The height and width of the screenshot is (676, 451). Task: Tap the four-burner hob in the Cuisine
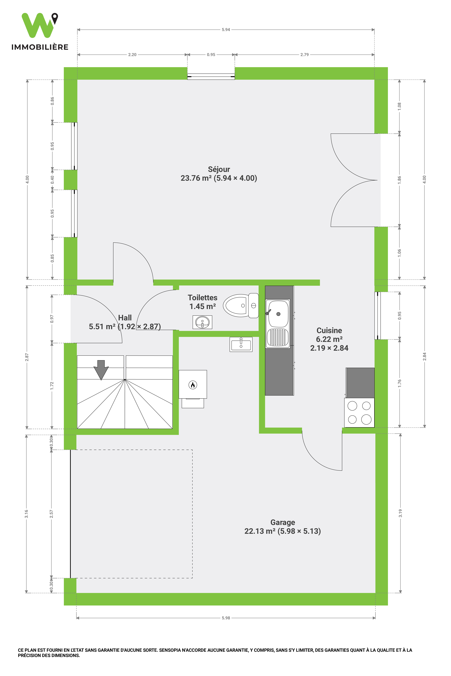[x=359, y=412]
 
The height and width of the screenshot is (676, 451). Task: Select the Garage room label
[x=282, y=527]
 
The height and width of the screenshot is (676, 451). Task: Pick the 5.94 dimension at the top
[x=226, y=30]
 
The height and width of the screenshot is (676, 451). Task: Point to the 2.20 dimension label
[x=132, y=55]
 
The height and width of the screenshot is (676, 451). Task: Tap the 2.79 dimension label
[x=305, y=55]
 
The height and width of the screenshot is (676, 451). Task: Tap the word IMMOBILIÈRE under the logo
[x=40, y=47]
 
